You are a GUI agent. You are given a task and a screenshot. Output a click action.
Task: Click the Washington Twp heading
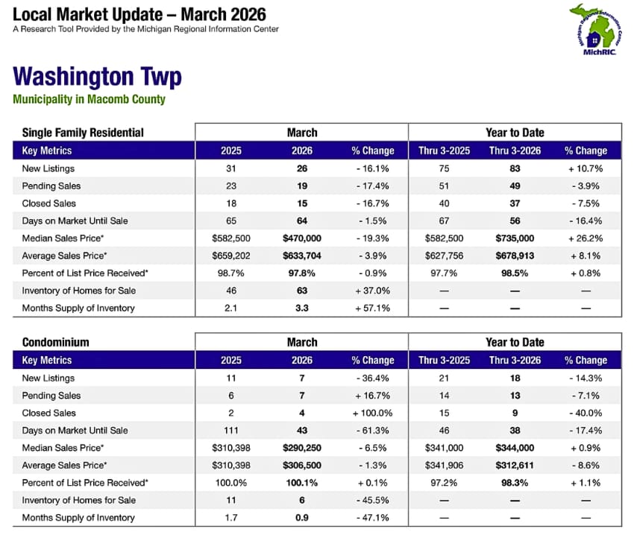pos(97,77)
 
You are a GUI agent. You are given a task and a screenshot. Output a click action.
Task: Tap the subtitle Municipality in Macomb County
pos(89,99)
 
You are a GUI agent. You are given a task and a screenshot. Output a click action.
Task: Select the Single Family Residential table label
pos(83,133)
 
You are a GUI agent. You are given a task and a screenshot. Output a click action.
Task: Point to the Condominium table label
pos(55,342)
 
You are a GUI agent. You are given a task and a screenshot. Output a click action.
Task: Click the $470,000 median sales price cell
pos(301,238)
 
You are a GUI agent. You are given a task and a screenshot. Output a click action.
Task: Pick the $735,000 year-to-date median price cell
pos(514,238)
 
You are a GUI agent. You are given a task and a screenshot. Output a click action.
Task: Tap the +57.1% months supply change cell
pos(372,308)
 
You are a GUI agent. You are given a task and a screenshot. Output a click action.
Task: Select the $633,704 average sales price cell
pos(301,256)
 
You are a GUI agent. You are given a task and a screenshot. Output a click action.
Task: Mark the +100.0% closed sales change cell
pos(372,413)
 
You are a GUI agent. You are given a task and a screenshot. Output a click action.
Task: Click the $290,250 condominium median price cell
pos(301,448)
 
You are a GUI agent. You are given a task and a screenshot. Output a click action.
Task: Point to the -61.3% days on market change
pos(372,430)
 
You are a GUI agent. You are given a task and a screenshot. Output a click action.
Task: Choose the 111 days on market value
pos(231,430)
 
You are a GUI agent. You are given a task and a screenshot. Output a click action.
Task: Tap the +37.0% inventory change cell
pos(372,291)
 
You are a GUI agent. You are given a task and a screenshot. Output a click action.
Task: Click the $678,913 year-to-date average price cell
pos(514,256)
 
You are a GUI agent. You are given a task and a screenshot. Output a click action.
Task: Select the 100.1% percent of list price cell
pos(301,483)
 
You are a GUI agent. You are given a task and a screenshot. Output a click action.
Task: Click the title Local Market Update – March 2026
pos(139,14)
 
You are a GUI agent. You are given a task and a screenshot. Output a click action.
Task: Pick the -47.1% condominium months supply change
pos(372,518)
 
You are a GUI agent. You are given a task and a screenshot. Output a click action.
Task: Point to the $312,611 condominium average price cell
pos(514,465)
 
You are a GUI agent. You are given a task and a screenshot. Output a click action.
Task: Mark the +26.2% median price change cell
pos(586,238)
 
